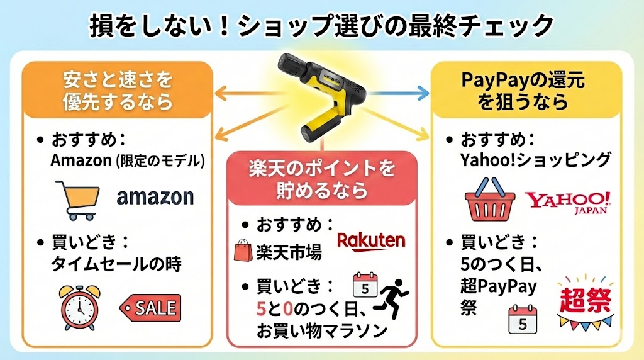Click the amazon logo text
(155, 197)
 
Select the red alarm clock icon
(80, 307)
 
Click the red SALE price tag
(150, 308)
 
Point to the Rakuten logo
(371, 240)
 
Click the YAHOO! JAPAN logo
(569, 202)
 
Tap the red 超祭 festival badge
(586, 300)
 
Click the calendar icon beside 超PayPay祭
(522, 318)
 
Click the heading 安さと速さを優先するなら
(118, 91)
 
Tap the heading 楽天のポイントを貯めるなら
(322, 179)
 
